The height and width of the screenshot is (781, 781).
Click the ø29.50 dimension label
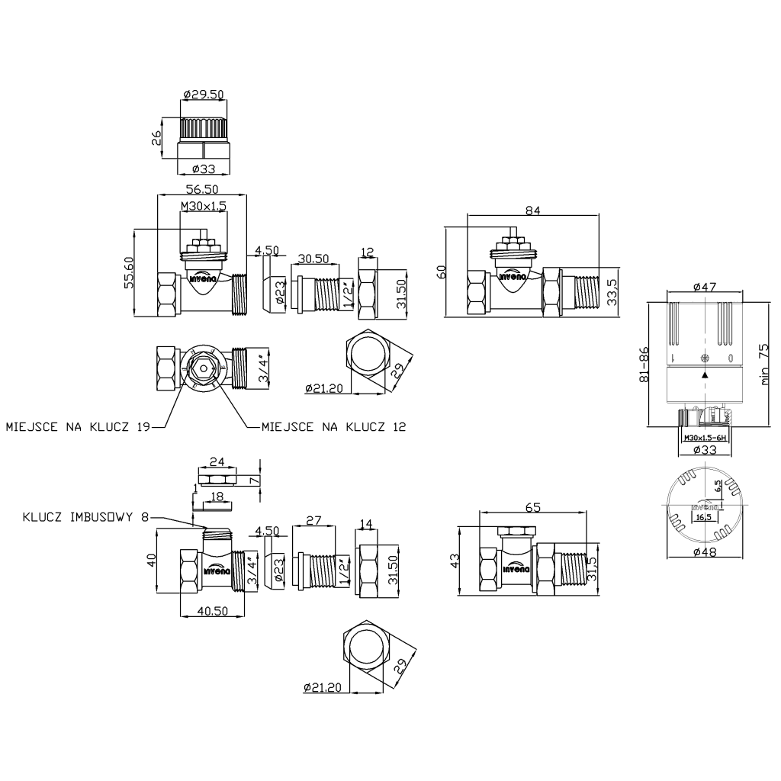[203, 95]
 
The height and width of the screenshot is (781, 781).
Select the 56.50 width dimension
[202, 188]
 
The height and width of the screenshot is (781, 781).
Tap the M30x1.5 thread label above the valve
[203, 207]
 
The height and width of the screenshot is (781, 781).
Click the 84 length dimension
[533, 211]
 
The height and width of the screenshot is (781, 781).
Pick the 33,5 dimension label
[612, 291]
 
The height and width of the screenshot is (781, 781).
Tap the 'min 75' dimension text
[763, 365]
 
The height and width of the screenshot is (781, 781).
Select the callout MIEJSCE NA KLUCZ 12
[333, 426]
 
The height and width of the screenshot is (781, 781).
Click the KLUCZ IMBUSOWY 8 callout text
[85, 517]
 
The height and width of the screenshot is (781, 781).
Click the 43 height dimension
[455, 560]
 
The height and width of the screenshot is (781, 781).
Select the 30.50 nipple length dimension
[313, 258]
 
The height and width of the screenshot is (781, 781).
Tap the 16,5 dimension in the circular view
[701, 517]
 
